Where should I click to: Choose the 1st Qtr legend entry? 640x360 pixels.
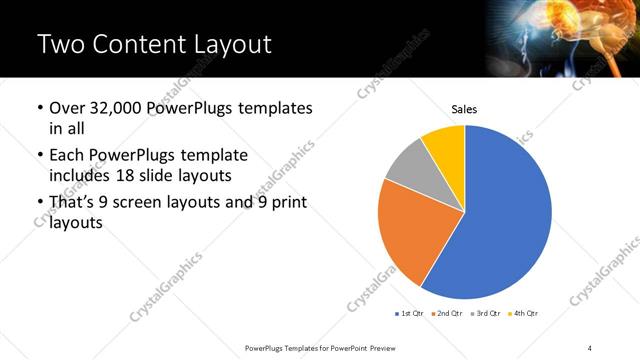point(409,313)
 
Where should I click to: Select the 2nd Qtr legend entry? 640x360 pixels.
point(447,313)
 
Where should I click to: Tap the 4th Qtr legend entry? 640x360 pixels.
point(524,313)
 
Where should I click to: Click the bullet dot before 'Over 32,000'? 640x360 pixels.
point(39,108)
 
